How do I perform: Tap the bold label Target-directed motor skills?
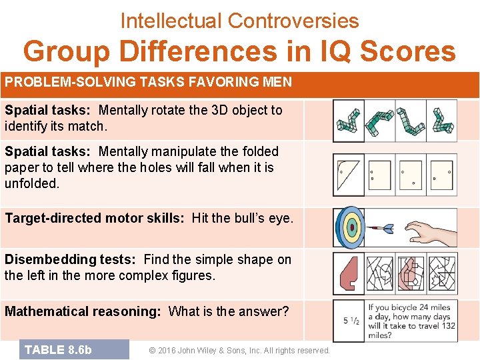95,218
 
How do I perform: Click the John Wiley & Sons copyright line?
239,351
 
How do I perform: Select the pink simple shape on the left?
348,274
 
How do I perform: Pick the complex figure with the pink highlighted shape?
411,274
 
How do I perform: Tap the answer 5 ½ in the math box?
352,321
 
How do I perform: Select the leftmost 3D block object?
349,120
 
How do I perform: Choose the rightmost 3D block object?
443,120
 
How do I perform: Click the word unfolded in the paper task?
31,183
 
